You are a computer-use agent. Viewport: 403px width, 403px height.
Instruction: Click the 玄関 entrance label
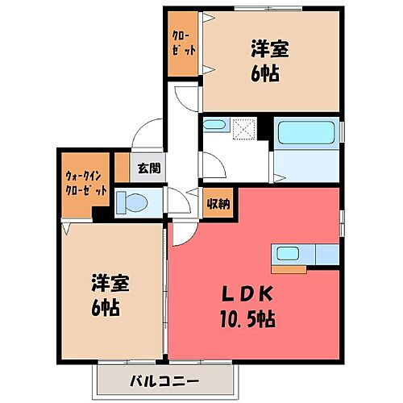(148, 169)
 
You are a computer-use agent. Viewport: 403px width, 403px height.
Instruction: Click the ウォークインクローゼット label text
(86, 185)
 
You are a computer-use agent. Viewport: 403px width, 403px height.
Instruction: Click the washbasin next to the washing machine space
(214, 127)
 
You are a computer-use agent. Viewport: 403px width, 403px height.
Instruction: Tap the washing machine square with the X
(243, 129)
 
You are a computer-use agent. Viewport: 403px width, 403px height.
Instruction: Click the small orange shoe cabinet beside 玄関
(122, 167)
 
